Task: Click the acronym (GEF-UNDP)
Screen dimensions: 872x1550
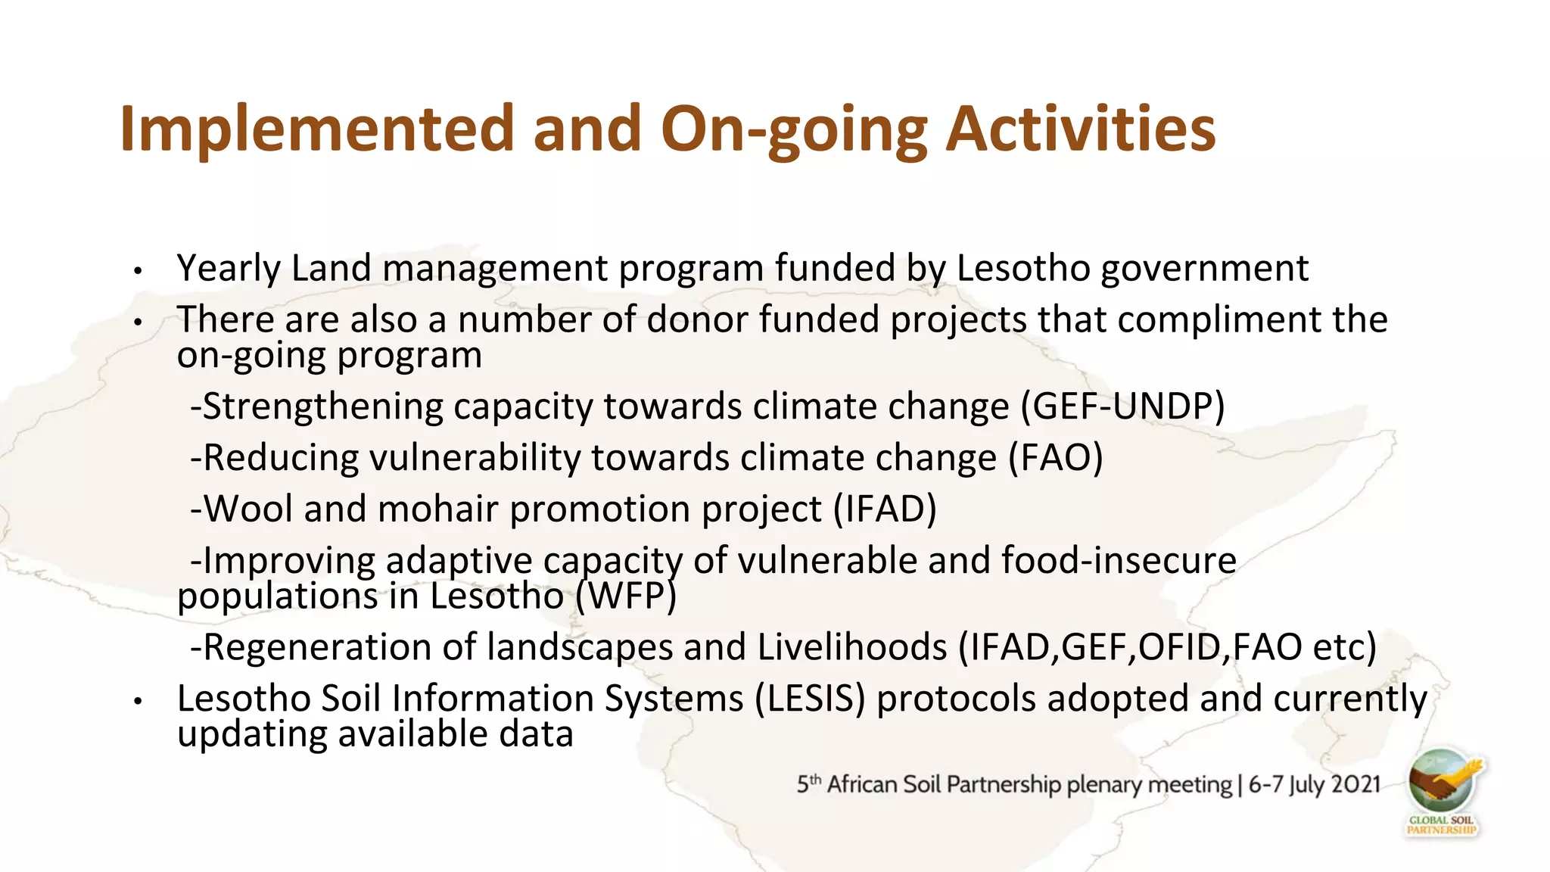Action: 1122,406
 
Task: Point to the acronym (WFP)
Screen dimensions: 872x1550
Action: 625,596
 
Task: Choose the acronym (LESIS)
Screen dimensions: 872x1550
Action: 809,699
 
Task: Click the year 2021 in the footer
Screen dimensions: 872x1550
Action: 1355,784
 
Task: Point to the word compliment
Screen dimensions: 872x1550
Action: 1219,319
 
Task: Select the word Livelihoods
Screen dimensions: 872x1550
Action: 852,648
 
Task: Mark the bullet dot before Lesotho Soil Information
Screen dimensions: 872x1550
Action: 138,702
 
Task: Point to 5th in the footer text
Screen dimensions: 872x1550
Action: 808,784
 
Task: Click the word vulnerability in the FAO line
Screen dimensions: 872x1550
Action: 475,458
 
